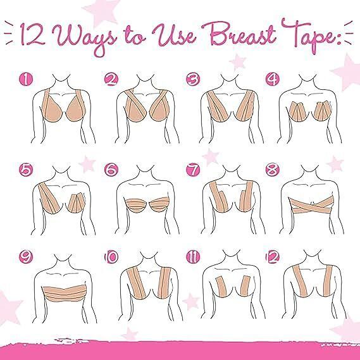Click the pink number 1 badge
point(26,80)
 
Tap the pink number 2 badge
point(111,80)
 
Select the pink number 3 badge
point(193,80)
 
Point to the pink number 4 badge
point(273,80)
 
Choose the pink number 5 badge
point(26,170)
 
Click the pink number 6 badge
point(111,170)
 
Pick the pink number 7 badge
point(193,170)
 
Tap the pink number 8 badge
point(273,170)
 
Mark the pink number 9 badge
point(26,257)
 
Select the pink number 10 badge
point(111,257)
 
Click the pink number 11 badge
point(193,257)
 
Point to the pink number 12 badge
point(273,257)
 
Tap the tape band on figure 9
point(65,293)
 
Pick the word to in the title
point(135,37)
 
